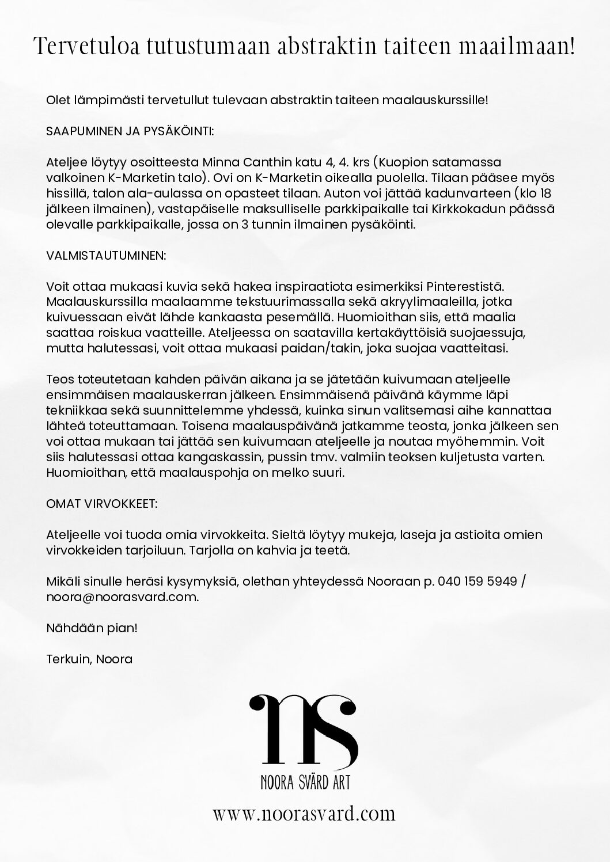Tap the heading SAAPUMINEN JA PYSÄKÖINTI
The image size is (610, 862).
[130, 131]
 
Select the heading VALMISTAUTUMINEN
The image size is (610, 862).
[105, 255]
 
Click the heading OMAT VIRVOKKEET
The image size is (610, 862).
[101, 503]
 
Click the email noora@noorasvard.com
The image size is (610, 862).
[122, 597]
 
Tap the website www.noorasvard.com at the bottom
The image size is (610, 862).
[304, 814]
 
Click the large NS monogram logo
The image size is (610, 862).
[304, 729]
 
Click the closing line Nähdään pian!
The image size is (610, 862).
[92, 628]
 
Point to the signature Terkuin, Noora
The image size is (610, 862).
[89, 659]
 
